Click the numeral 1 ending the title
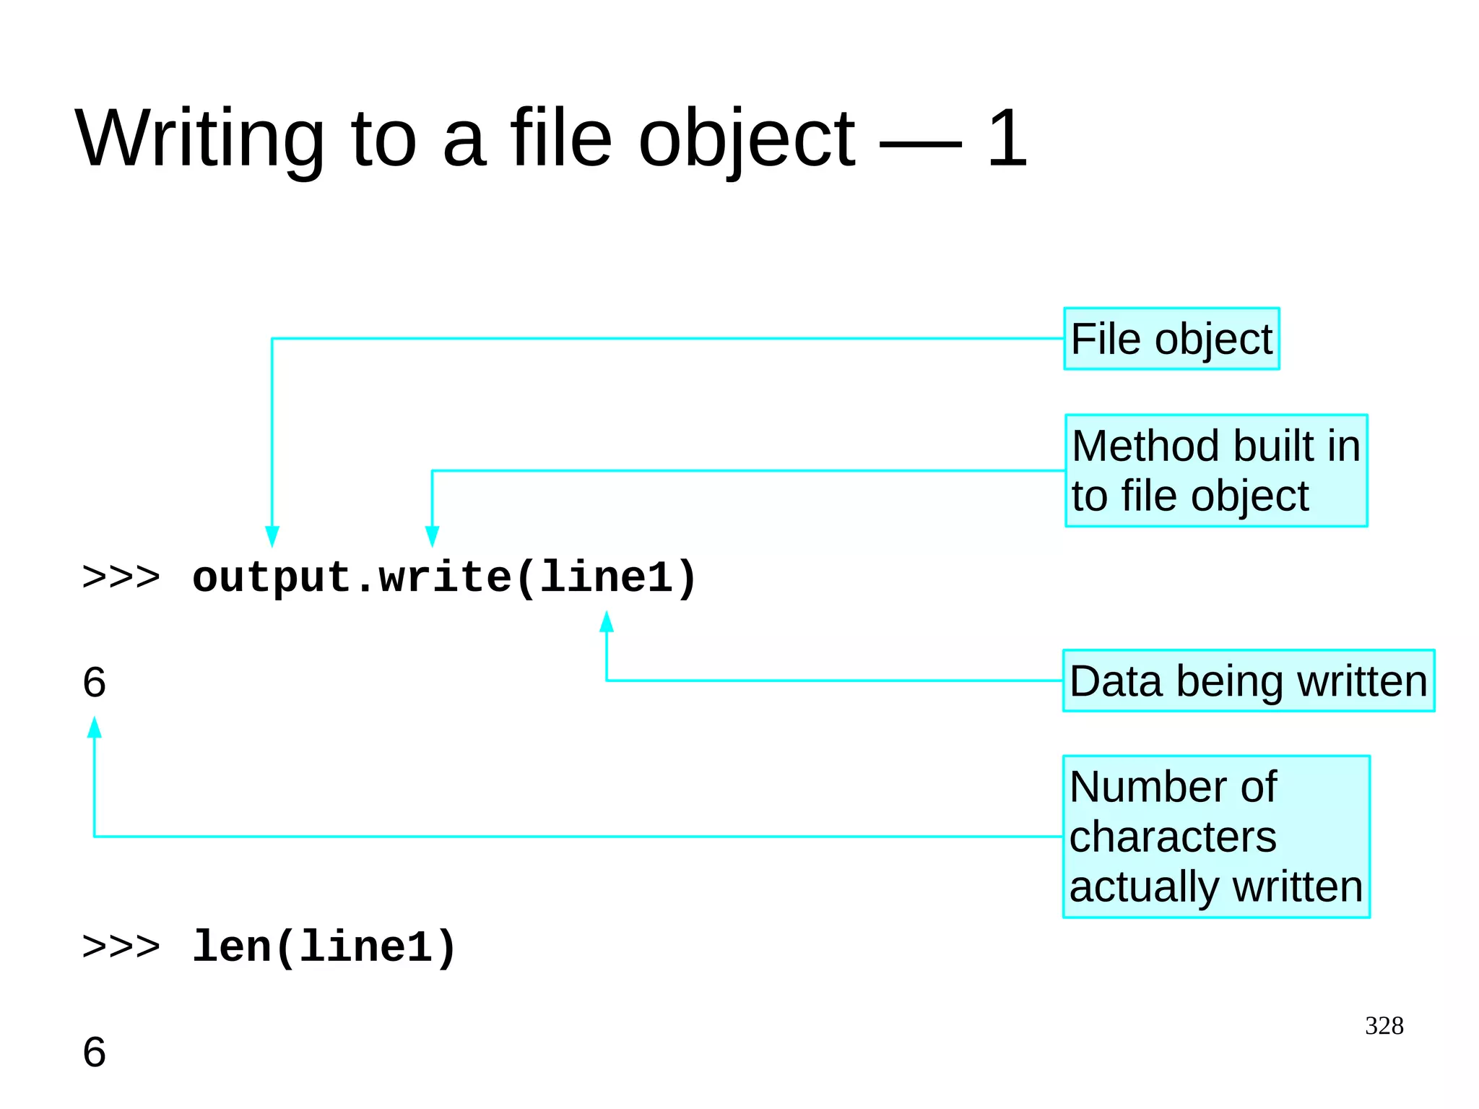[x=1007, y=138]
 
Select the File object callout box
[x=1171, y=339]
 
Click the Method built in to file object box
[x=1216, y=470]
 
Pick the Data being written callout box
[x=1248, y=681]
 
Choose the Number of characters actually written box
[x=1216, y=837]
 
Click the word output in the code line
[x=272, y=577]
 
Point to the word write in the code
[x=445, y=577]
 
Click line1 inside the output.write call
[x=607, y=577]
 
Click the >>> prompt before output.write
[x=121, y=577]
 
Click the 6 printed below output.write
[x=95, y=682]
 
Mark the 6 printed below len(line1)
[x=95, y=1052]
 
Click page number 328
[x=1384, y=1026]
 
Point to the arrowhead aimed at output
[x=272, y=536]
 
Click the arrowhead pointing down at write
[x=432, y=536]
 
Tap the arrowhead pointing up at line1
[x=607, y=622]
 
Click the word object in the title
[x=747, y=139]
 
